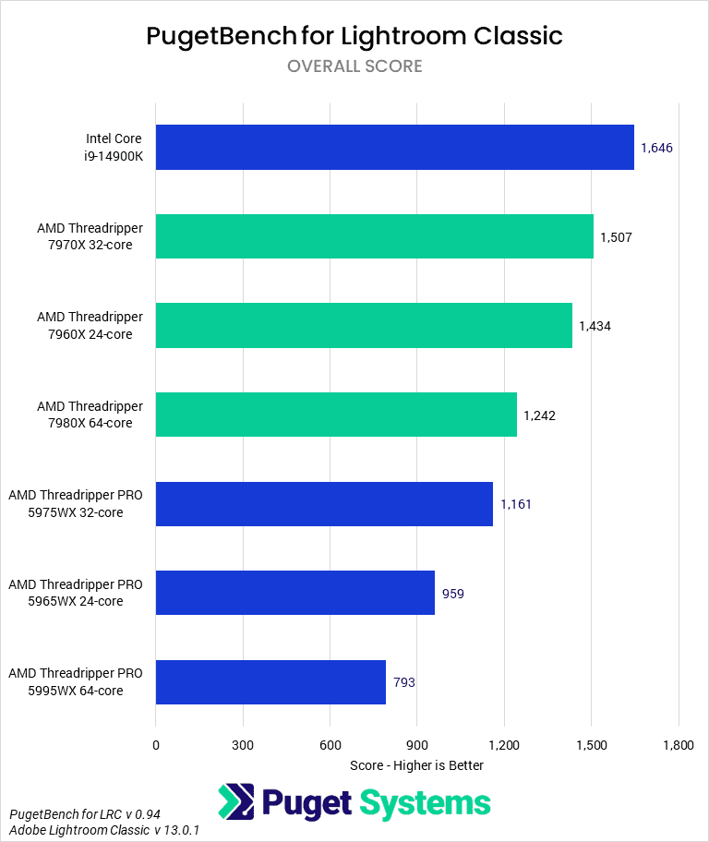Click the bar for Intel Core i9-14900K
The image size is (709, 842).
[x=394, y=148]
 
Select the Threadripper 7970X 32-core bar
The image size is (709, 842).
[x=374, y=236]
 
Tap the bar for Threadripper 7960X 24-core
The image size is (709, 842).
[x=364, y=325]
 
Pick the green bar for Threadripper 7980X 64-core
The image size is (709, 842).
[x=336, y=415]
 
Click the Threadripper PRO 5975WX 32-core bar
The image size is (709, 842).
[x=324, y=504]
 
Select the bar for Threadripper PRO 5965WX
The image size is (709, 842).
[x=294, y=593]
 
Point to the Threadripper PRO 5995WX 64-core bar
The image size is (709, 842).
[x=270, y=682]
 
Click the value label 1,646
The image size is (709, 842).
[x=657, y=148]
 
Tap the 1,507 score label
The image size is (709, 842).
[x=617, y=237]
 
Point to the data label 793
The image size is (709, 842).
[x=404, y=682]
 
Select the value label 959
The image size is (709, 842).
[x=453, y=594]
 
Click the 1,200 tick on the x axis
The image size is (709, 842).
[x=504, y=745]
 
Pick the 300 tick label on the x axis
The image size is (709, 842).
[x=243, y=745]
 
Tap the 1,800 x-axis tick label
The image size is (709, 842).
[x=679, y=745]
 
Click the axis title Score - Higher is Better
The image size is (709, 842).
[x=417, y=765]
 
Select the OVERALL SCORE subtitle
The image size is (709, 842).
[x=354, y=66]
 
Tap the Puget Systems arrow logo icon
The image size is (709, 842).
[x=236, y=801]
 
